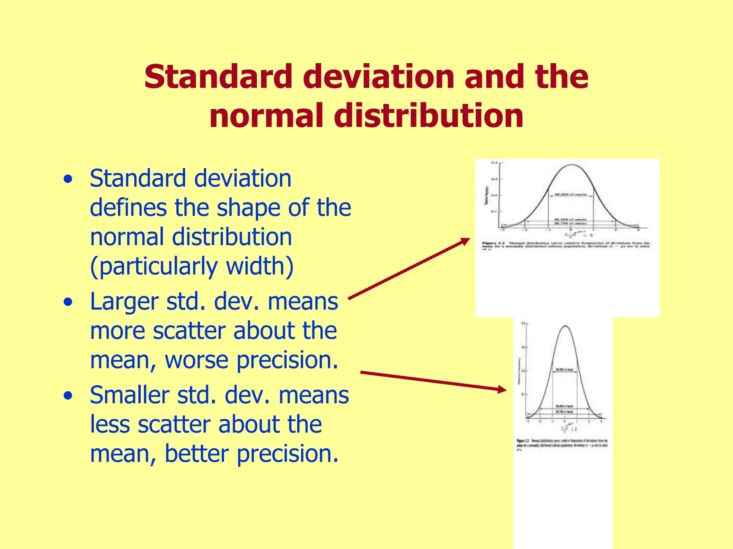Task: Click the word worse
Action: click(196, 360)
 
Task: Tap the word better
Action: click(196, 454)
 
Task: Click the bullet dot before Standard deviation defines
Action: click(68, 179)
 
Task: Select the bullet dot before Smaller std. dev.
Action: click(68, 396)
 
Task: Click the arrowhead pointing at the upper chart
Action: click(466, 241)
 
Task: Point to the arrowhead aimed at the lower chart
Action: click(503, 390)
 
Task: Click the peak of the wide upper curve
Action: click(571, 165)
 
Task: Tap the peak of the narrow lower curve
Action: click(565, 326)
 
